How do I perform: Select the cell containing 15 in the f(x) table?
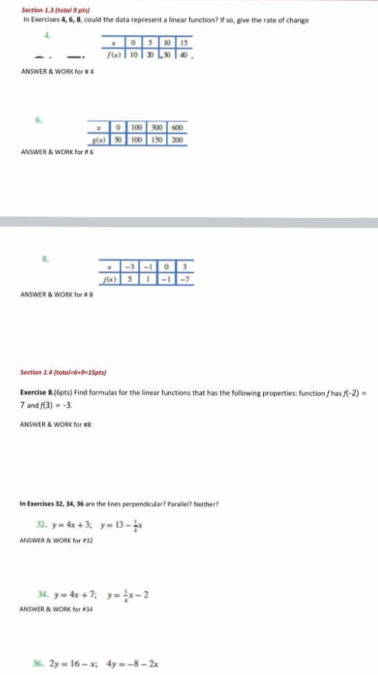(183, 44)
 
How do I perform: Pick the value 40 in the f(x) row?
(183, 55)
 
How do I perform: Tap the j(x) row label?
(109, 280)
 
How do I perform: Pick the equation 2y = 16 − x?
(75, 663)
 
